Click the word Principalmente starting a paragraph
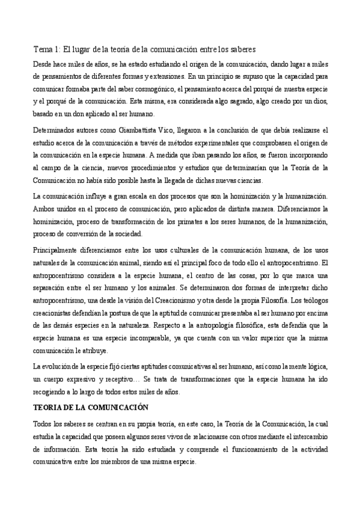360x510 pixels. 57,251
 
